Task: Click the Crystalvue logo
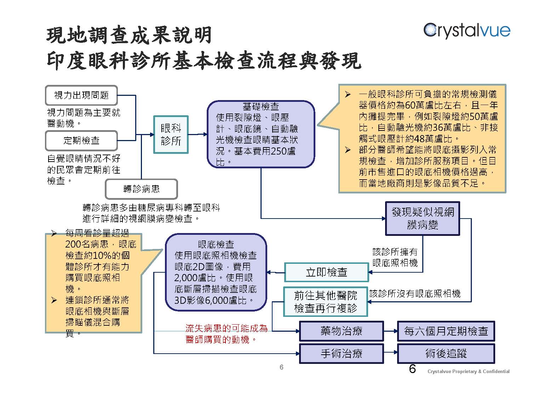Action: (x=467, y=31)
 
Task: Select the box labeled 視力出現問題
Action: (x=81, y=95)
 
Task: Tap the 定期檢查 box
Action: (x=81, y=141)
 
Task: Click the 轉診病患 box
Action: (x=141, y=189)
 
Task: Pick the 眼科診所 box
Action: (x=171, y=135)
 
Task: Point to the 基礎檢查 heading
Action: (x=261, y=106)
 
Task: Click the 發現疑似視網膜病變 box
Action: (x=423, y=218)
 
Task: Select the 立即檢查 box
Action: (x=327, y=272)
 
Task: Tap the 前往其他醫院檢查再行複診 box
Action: (x=326, y=302)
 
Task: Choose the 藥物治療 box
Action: (x=342, y=331)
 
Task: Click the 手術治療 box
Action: (x=342, y=353)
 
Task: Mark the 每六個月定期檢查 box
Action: (x=446, y=331)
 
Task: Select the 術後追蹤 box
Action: (x=446, y=353)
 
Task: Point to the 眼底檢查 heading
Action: (x=216, y=244)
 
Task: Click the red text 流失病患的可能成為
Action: (x=227, y=329)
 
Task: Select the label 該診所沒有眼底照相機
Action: (x=415, y=294)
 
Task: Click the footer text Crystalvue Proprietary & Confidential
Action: (x=469, y=371)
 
